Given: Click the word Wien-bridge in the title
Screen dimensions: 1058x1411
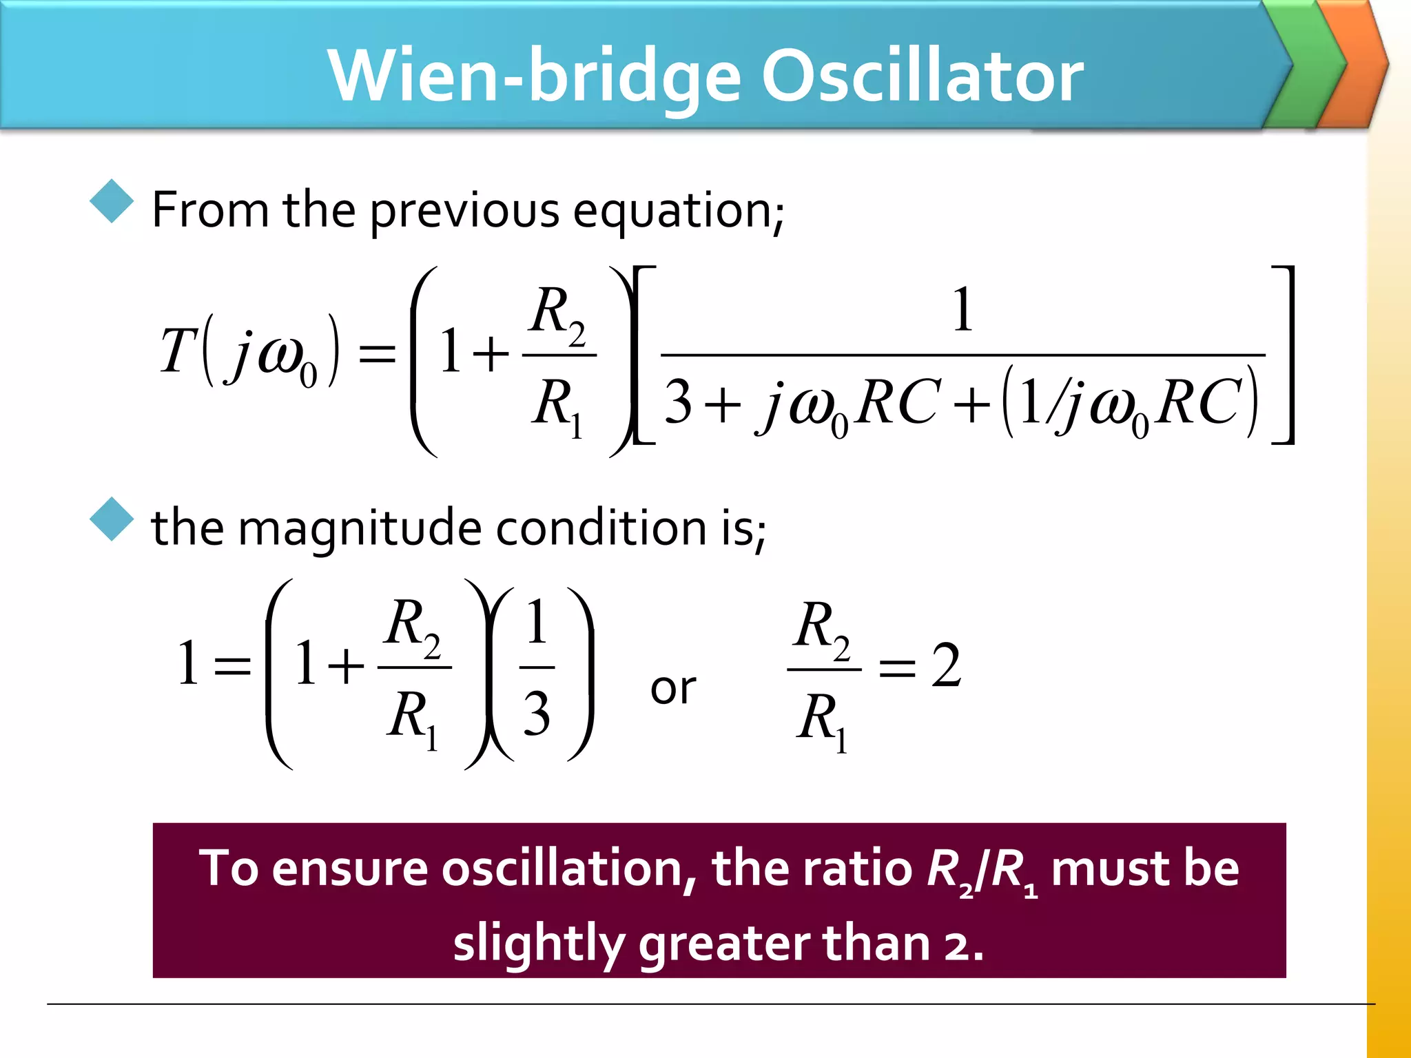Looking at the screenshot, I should pos(534,77).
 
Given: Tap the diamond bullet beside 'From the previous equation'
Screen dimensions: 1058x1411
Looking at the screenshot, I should pos(112,201).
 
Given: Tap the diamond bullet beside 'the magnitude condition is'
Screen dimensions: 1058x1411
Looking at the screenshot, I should pos(112,519).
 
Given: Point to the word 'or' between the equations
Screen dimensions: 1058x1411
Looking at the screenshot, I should pos(673,688).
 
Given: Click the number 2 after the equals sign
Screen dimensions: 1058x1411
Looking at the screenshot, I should pos(945,665).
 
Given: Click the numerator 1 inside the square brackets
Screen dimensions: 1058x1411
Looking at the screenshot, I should pos(962,311).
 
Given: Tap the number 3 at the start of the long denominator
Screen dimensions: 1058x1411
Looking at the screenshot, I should pos(678,402).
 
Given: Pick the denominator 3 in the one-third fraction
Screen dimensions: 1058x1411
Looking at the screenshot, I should pos(537,714).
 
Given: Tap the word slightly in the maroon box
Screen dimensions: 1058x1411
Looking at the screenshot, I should pos(538,944).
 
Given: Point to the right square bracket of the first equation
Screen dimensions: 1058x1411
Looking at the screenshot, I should pos(1286,355).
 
